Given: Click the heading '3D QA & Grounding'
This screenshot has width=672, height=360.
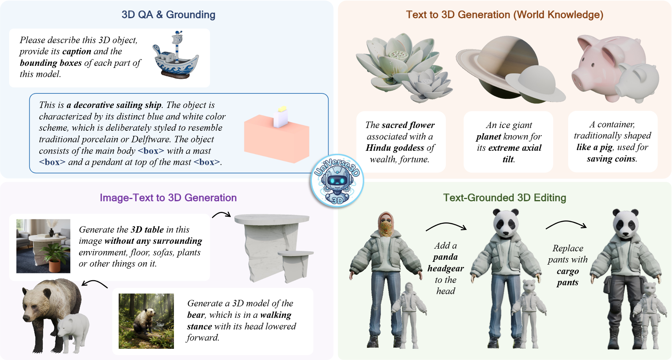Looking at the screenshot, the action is tap(169, 15).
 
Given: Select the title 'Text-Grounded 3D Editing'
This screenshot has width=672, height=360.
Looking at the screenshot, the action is tap(505, 198).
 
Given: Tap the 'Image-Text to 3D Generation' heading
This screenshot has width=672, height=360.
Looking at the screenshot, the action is tap(168, 198).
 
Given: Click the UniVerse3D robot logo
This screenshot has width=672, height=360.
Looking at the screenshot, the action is tap(337, 181).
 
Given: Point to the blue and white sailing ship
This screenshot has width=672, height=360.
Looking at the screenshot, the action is tap(175, 56).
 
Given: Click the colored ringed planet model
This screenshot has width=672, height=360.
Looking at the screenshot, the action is tap(499, 68).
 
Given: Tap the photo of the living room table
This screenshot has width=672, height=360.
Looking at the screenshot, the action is tap(43, 246).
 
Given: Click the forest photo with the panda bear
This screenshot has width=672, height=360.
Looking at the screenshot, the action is tap(146, 321).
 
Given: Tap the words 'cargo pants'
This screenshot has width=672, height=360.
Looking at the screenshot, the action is tap(567, 277).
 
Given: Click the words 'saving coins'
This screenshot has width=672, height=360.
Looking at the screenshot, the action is tap(612, 159).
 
